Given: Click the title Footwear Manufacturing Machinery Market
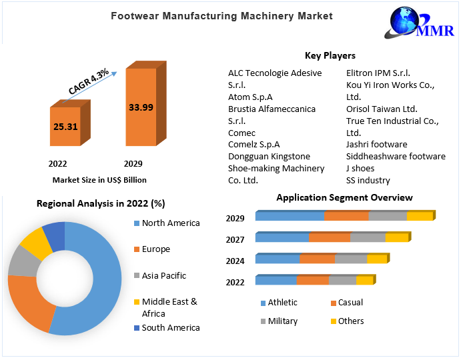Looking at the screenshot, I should [x=221, y=16].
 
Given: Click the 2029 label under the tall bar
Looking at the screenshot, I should [x=133, y=163].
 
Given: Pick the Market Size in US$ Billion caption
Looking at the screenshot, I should [x=99, y=180].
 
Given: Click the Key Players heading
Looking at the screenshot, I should [x=330, y=56].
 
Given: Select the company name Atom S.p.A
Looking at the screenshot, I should [x=250, y=97].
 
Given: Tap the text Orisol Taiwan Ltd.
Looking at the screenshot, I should [x=382, y=109].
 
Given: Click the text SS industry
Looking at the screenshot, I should [x=368, y=181].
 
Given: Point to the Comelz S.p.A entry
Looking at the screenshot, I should [x=254, y=145].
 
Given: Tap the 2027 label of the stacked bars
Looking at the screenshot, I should [x=235, y=240].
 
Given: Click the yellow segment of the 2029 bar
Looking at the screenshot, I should [x=419, y=216].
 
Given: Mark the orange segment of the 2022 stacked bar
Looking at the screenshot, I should [x=312, y=281].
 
